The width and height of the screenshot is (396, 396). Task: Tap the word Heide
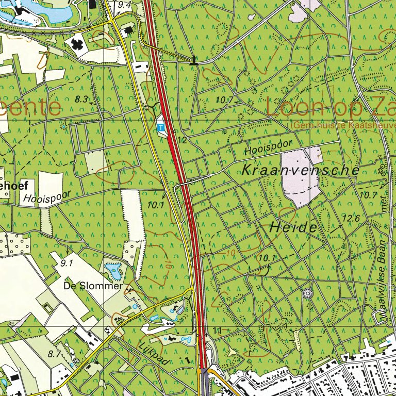pos(292,226)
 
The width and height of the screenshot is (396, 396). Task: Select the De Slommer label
pos(93,286)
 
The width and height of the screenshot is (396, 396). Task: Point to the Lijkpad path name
pos(154,354)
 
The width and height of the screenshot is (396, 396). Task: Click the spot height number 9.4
pos(124,5)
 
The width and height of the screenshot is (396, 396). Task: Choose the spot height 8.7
pos(54,354)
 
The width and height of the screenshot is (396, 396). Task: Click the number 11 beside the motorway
pos(216,330)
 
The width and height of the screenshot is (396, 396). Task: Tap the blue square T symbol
pos(160,126)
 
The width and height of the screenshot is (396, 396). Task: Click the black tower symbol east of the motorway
pos(194,60)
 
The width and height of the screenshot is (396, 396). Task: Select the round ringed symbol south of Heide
pos(308,293)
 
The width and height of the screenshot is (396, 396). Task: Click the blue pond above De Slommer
pos(113,268)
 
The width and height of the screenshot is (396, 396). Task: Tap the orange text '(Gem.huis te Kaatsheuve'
pos(343,125)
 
